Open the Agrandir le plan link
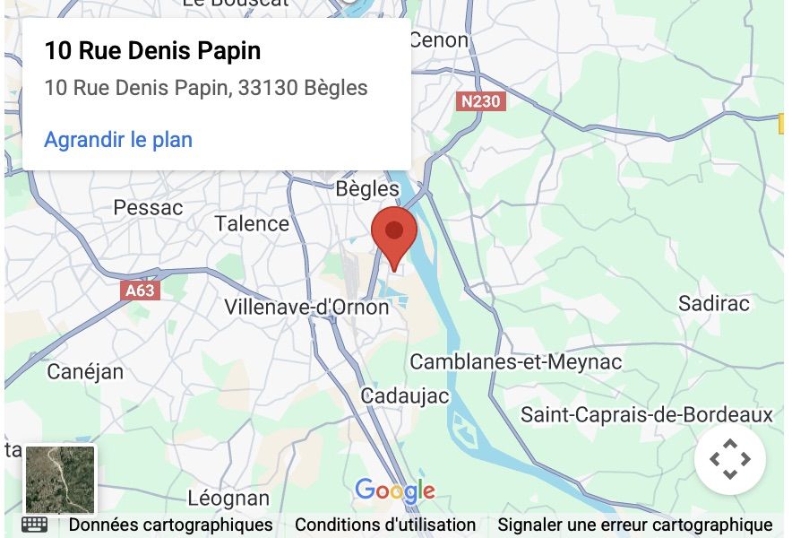pyautogui.click(x=118, y=140)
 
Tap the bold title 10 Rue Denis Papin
pyautogui.click(x=152, y=51)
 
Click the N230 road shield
pyautogui.click(x=481, y=101)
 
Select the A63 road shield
pyautogui.click(x=140, y=290)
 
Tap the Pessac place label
pyautogui.click(x=148, y=208)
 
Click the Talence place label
pyautogui.click(x=252, y=224)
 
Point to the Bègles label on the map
pyautogui.click(x=366, y=189)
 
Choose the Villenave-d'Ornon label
pyautogui.click(x=306, y=307)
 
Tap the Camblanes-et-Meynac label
pyautogui.click(x=515, y=362)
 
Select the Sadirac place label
pyautogui.click(x=713, y=303)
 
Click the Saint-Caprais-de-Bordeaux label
pyautogui.click(x=646, y=415)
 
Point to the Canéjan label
pyautogui.click(x=85, y=371)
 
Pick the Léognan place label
pyautogui.click(x=228, y=499)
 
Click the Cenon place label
pyautogui.click(x=438, y=40)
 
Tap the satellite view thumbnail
pyautogui.click(x=60, y=480)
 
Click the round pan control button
pyautogui.click(x=729, y=459)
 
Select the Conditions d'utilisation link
pyautogui.click(x=385, y=525)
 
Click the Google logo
pyautogui.click(x=395, y=490)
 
